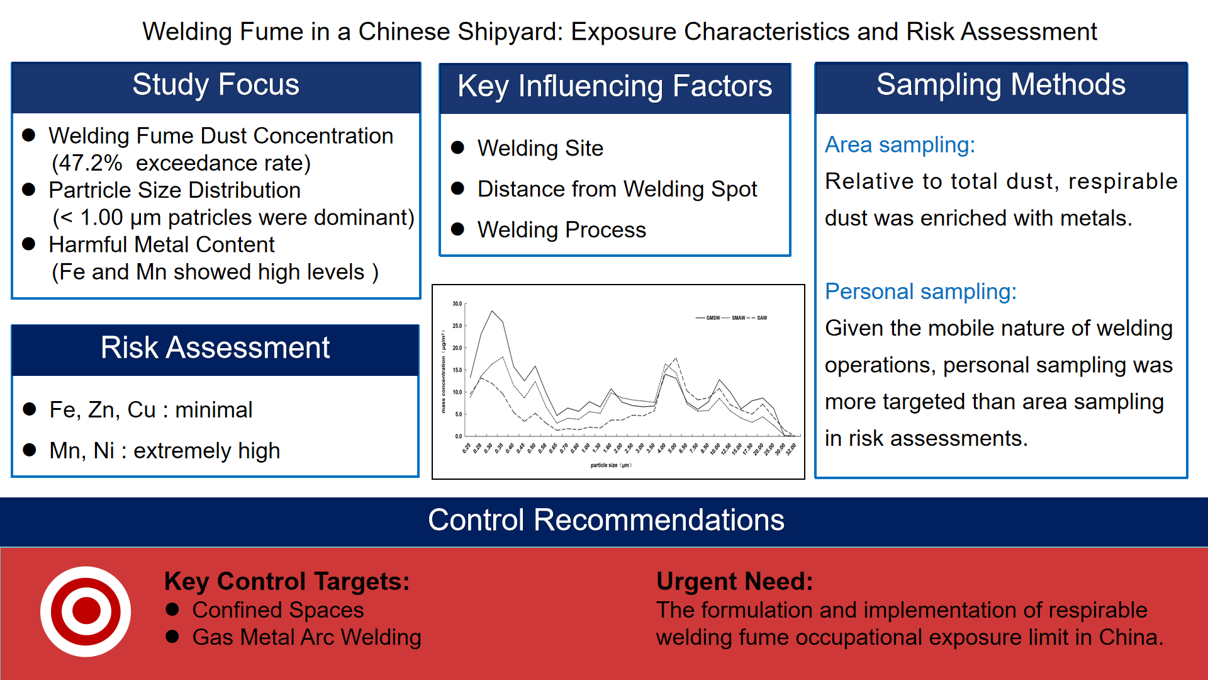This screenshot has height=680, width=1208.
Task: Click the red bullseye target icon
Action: (86, 611)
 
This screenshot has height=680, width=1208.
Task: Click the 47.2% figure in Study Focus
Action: (87, 163)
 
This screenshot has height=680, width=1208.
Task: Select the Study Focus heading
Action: (216, 85)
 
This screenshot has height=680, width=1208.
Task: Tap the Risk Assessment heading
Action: (215, 348)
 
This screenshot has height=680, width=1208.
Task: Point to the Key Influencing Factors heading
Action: (615, 86)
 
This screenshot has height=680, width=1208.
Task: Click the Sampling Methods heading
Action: (1000, 85)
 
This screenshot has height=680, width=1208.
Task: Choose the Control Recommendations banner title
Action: (606, 520)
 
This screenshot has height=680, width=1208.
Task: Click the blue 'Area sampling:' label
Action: (900, 145)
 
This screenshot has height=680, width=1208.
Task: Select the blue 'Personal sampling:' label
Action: (920, 292)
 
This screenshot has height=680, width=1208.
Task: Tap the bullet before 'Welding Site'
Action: (458, 148)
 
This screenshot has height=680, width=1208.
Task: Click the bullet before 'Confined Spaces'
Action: (172, 609)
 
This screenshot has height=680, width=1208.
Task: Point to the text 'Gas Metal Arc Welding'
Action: (306, 637)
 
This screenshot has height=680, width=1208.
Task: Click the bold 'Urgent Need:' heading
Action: (734, 581)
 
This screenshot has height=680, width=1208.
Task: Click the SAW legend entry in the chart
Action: (761, 318)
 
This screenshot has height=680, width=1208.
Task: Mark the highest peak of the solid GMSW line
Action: (492, 311)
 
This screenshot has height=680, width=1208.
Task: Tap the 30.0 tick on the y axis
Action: (457, 304)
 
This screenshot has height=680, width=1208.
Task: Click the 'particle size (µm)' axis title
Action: (610, 465)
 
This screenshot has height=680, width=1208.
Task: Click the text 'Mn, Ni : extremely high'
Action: (165, 451)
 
